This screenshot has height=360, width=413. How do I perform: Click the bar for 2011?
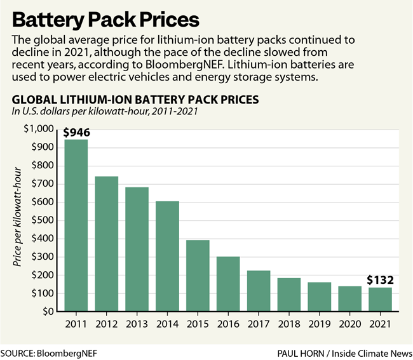pos(76,225)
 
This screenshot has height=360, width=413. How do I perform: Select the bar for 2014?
pos(167,257)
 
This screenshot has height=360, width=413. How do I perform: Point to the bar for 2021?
pos(379,300)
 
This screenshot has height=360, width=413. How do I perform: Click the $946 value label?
pos(76,133)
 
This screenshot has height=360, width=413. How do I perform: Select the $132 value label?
pos(379,280)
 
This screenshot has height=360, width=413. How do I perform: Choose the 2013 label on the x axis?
pos(137,324)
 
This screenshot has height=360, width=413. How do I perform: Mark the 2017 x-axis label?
pos(258,324)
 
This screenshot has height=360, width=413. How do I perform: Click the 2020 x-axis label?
pos(349,324)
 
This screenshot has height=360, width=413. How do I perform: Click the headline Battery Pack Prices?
pos(105,17)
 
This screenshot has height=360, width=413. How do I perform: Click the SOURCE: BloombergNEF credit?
pos(46,351)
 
